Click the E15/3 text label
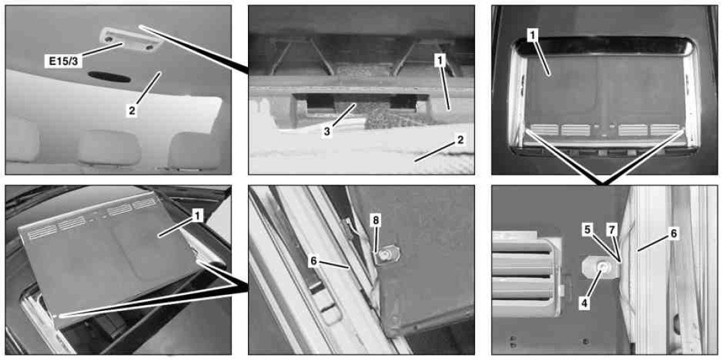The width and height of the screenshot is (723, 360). coord(62,60)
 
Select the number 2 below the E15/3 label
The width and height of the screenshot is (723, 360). coord(132,111)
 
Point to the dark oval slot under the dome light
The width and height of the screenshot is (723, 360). coord(110,77)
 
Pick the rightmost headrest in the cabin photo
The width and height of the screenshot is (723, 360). coord(193,150)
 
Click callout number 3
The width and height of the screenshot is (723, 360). coord(327,132)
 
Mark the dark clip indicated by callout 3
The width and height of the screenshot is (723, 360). coord(355,107)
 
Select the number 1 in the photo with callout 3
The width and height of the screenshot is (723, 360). coord(440,60)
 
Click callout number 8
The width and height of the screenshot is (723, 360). coord(376,220)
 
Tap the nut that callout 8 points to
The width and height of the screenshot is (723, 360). coord(386,254)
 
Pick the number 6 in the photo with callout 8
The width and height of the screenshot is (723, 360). coord(314,261)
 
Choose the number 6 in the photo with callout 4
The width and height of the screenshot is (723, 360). coord(673,234)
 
